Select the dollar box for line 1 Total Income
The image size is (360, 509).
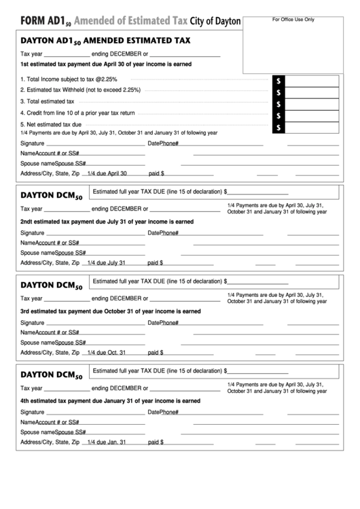313,81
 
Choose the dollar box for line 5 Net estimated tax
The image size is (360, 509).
313,127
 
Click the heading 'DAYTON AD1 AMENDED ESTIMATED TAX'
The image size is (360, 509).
105,41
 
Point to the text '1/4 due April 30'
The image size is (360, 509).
107,173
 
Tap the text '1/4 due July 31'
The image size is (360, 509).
107,262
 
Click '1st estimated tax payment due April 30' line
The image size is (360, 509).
106,64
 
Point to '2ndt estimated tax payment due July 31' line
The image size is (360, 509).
107,222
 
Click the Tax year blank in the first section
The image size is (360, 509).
67,54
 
